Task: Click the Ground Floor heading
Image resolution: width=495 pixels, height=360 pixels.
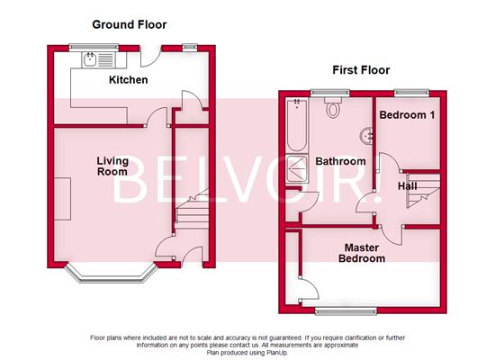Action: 129,24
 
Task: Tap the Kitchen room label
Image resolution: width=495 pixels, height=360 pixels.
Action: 129,81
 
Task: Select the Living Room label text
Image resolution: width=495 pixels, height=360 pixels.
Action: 112,166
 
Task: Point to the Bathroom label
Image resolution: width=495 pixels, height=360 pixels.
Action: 339,162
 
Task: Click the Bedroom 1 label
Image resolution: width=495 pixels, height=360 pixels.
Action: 407,116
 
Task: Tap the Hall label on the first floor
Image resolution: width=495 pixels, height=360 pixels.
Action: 407,185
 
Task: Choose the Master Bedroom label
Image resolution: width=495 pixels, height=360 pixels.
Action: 363,252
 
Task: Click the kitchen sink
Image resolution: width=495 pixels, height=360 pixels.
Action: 93,61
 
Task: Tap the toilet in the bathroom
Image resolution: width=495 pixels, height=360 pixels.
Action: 334,108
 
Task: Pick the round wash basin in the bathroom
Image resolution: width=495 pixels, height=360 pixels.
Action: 366,135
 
